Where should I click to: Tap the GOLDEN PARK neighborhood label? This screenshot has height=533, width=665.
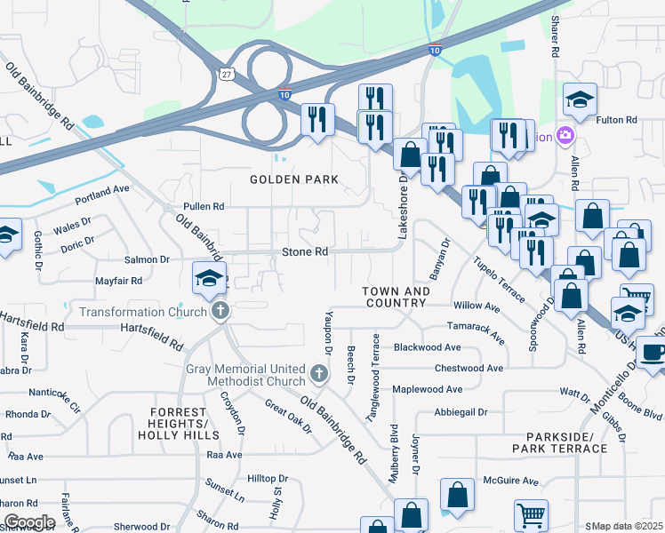pyautogui.click(x=294, y=179)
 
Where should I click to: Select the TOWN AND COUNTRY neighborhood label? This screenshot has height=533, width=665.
pyautogui.click(x=397, y=297)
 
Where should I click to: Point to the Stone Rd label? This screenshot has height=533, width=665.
pyautogui.click(x=305, y=252)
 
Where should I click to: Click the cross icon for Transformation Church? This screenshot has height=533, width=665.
pyautogui.click(x=220, y=312)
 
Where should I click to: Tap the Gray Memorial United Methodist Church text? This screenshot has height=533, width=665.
pyautogui.click(x=245, y=376)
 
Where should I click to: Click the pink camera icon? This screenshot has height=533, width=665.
pyautogui.click(x=564, y=135)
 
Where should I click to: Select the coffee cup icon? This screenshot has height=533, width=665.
pyautogui.click(x=653, y=353)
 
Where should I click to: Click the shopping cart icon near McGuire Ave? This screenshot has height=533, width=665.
pyautogui.click(x=531, y=513)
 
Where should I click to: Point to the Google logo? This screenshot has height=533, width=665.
pyautogui.click(x=28, y=521)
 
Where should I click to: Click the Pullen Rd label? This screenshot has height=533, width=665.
pyautogui.click(x=204, y=206)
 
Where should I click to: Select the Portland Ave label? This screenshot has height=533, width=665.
pyautogui.click(x=102, y=191)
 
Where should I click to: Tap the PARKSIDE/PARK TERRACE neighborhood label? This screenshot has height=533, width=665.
pyautogui.click(x=565, y=442)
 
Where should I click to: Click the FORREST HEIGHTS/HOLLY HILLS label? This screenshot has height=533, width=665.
pyautogui.click(x=179, y=424)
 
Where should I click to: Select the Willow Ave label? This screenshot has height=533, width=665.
pyautogui.click(x=477, y=306)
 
